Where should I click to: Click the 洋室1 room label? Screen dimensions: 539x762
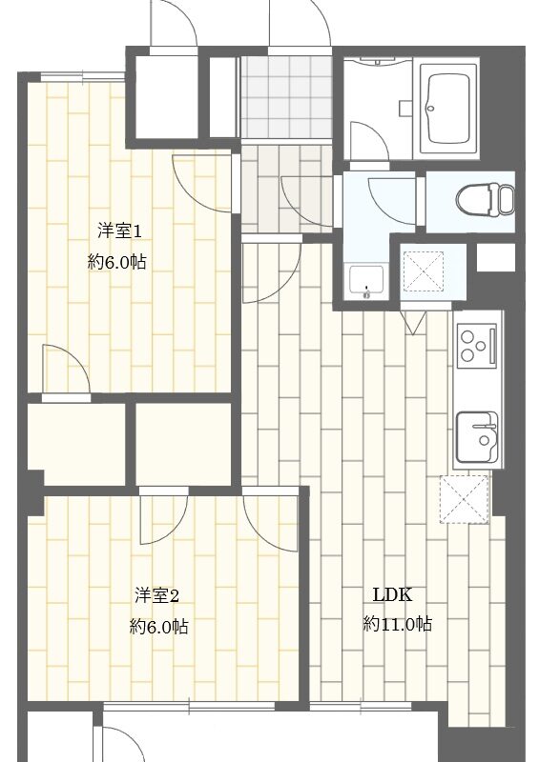click(119, 231)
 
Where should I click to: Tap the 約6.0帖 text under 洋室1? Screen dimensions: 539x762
click(116, 263)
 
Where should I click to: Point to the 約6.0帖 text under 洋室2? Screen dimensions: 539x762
click(158, 627)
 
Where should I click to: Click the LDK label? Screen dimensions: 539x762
click(392, 594)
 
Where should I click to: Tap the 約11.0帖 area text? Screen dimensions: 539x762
click(397, 623)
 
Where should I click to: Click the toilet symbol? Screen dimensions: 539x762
click(486, 199)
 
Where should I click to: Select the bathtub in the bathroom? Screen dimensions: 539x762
click(448, 109)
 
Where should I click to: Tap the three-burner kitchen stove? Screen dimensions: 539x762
click(478, 345)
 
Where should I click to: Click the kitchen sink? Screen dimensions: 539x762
click(477, 438)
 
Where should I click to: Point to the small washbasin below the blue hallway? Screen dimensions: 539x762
click(366, 282)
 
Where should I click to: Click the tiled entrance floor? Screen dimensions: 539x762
click(286, 97)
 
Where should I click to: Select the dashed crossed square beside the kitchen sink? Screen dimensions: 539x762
click(464, 499)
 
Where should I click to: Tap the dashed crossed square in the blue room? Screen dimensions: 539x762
click(422, 271)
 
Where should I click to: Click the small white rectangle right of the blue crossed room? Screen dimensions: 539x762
click(495, 257)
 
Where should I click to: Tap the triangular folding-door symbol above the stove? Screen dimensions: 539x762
click(413, 323)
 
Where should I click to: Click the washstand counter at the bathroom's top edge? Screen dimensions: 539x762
click(379, 62)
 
